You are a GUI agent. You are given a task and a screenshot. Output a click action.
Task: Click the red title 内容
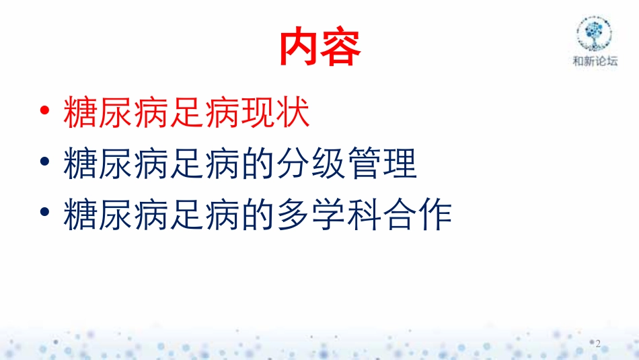[320, 47]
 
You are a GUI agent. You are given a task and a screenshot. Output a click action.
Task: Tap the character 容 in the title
[341, 47]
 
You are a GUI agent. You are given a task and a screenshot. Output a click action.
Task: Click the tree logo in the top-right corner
[594, 33]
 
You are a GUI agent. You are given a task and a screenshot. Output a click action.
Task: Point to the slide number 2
[598, 343]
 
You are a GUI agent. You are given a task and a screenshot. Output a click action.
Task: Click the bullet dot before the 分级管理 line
[44, 165]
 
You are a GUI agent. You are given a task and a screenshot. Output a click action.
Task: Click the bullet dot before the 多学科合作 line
[44, 215]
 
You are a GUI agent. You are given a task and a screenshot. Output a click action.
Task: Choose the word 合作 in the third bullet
[417, 215]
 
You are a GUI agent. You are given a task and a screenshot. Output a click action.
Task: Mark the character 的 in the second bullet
[257, 165]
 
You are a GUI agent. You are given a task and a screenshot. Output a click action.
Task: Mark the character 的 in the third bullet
[257, 215]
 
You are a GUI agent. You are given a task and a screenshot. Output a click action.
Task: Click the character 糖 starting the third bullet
[79, 215]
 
